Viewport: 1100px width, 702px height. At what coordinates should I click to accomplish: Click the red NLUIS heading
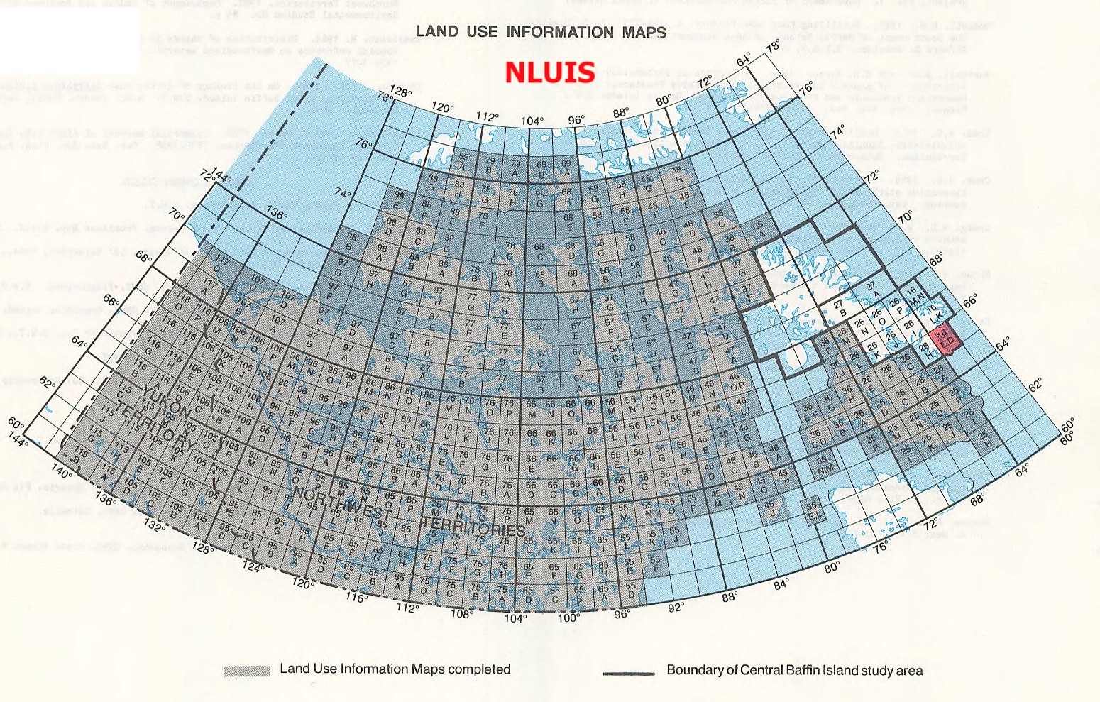coord(549,72)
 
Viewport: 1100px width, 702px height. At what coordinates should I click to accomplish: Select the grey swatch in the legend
coord(246,671)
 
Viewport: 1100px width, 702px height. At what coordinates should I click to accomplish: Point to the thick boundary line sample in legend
coord(628,672)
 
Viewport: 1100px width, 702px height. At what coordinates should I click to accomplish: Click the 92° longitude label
coord(676,607)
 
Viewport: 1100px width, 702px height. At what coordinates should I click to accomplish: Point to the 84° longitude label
coord(781,583)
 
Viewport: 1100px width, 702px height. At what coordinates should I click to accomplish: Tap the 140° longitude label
coord(62,473)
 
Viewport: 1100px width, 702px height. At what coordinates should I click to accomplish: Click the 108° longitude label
coord(462,614)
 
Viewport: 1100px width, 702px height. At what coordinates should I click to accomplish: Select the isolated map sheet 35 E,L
coord(811,509)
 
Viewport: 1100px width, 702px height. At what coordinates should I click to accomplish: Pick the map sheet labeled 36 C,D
coord(816,437)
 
